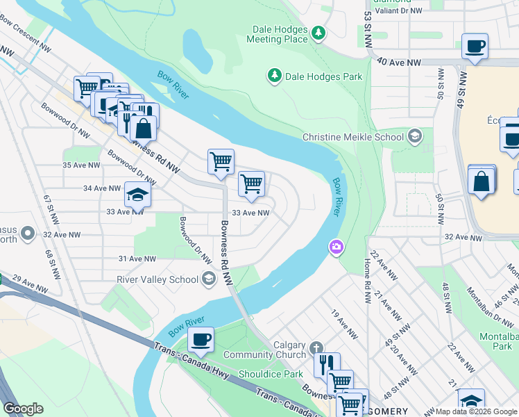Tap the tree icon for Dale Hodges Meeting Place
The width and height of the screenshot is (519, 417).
(318, 32)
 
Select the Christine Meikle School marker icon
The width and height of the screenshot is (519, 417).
(415, 136)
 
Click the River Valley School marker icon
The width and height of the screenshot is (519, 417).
(208, 279)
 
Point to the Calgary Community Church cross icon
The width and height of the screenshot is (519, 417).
(316, 347)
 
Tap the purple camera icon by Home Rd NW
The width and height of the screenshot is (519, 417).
(337, 247)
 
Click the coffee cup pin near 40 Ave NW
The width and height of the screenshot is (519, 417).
(475, 47)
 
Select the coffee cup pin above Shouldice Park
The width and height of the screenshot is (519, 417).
(201, 340)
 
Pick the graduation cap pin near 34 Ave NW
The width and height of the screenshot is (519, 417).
(137, 195)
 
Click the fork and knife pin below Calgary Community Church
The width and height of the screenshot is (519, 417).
(326, 363)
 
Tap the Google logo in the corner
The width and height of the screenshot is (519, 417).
(24, 409)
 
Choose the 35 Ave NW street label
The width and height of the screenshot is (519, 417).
(81, 165)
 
